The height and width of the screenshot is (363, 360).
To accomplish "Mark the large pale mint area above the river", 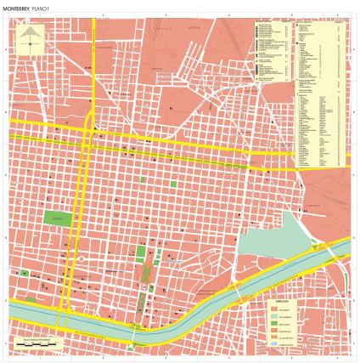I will click(267, 241).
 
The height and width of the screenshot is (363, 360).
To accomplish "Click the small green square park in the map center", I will click(174, 184).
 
